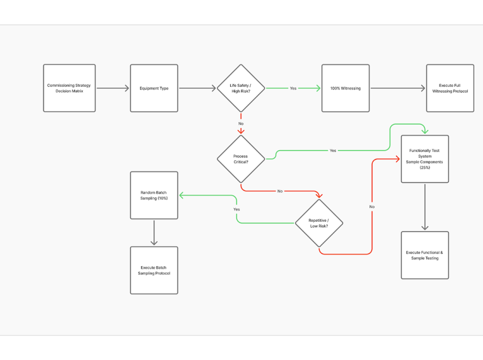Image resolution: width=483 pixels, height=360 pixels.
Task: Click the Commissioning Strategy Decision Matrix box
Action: coord(69,88)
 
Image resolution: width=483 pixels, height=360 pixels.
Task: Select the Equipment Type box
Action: coord(154,88)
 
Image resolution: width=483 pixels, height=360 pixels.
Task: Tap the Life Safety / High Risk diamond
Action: coord(241,88)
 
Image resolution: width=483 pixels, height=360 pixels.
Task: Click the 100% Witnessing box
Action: coord(345,88)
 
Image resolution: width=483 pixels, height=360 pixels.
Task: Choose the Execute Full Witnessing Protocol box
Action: coord(450,88)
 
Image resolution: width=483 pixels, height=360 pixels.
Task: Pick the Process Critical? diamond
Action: coord(241,159)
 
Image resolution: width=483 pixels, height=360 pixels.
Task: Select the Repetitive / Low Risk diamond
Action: coord(319,223)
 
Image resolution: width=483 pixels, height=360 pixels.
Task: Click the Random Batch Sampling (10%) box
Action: coord(154,195)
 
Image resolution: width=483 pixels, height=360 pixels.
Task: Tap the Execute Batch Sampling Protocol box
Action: coord(154,271)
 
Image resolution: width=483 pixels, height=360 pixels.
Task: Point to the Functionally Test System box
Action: coord(424,159)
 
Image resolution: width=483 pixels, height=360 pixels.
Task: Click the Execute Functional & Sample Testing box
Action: coord(424,255)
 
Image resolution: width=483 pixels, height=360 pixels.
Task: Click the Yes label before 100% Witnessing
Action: coord(293,88)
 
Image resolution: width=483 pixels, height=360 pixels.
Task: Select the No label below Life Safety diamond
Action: coord(241,124)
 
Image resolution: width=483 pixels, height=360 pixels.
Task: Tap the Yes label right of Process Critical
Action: coord(333,150)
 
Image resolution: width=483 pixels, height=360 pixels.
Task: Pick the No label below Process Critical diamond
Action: coord(280,191)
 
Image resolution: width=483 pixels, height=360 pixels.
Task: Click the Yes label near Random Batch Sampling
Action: coord(237,209)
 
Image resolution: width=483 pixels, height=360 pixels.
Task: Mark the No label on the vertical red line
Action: coord(372,207)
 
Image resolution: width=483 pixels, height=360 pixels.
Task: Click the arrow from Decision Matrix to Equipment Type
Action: coord(112,88)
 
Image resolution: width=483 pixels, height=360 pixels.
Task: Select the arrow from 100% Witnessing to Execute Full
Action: coord(397,88)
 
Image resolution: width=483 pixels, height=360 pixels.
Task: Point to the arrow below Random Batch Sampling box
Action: coord(154,233)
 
